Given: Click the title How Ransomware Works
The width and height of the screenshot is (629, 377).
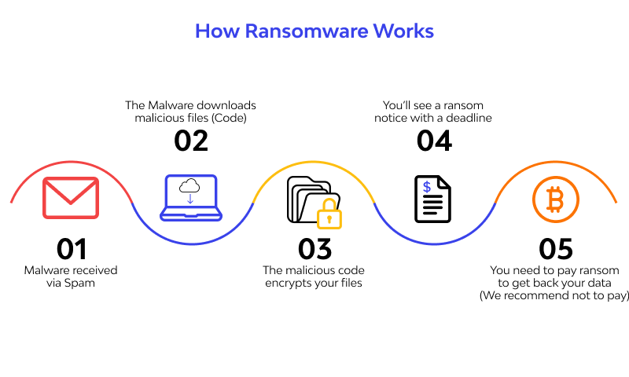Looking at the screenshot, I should pos(314,31).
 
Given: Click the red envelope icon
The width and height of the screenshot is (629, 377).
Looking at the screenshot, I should pos(71,197).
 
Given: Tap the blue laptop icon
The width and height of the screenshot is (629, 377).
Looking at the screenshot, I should pos(191,198).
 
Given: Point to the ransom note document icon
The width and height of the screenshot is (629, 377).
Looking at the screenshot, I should pos(432,199).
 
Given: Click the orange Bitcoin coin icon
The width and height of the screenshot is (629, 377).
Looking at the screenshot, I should pos(555,199).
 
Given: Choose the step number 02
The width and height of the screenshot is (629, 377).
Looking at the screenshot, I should pos(191,140).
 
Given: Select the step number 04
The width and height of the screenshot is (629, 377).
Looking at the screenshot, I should pos(434,140).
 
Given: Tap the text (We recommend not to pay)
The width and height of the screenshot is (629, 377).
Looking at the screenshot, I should pos(555,295).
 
